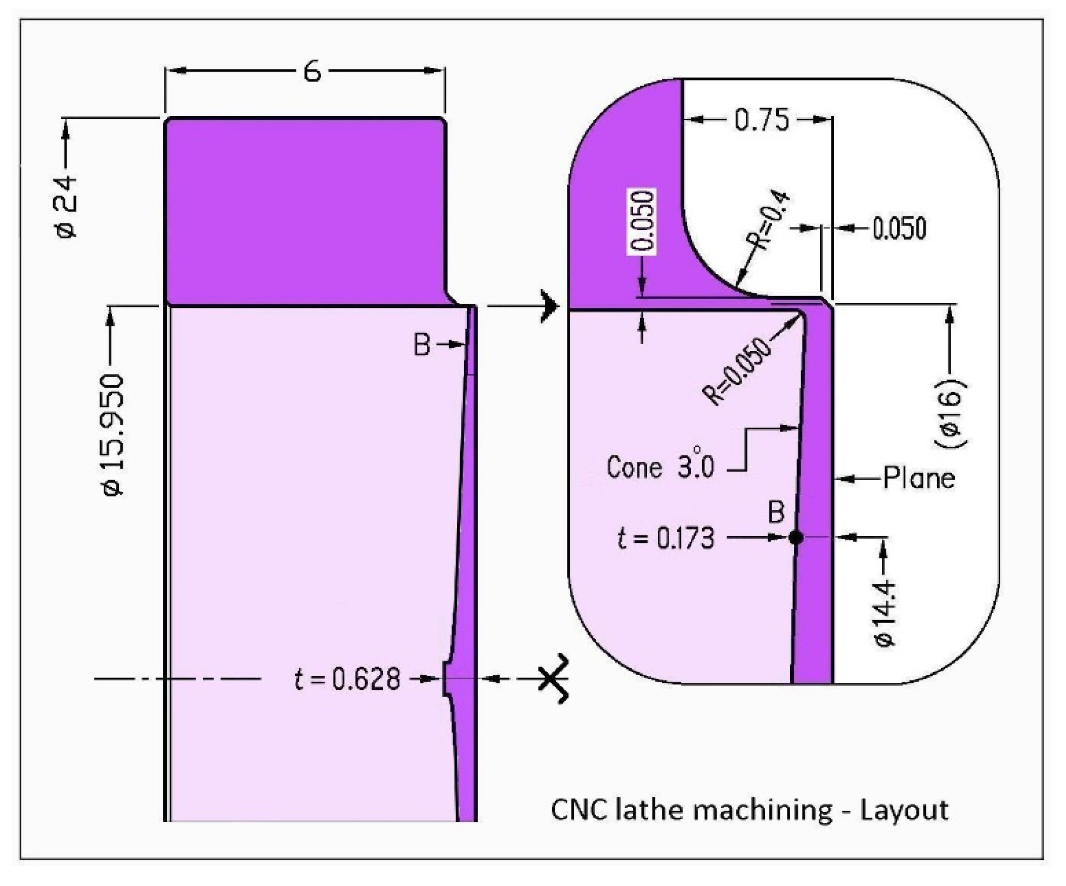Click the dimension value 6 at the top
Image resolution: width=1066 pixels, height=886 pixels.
coord(312,71)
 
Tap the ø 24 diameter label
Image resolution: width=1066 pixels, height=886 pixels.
coord(66,207)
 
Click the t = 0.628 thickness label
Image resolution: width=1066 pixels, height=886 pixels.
coord(347,679)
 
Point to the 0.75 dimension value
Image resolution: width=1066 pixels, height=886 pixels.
coord(762,120)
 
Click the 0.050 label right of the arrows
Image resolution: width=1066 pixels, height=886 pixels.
coord(899,228)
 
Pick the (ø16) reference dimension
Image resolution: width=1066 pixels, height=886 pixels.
coord(950,412)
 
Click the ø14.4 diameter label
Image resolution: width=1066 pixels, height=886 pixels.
coord(885,613)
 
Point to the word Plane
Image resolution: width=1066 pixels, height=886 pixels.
coord(919,478)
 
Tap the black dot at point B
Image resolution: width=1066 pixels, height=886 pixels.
coord(796,537)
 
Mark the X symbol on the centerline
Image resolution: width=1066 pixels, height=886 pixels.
coord(553,678)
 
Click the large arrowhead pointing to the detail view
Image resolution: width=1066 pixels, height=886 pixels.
coord(549,306)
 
